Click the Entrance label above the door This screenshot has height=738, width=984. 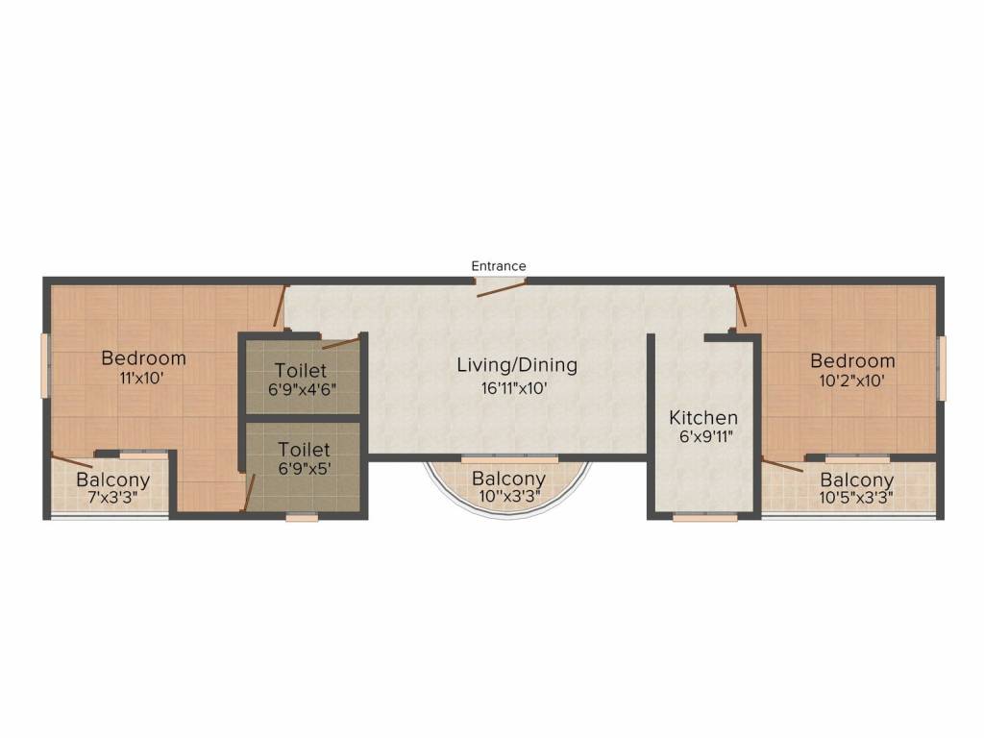coord(499,266)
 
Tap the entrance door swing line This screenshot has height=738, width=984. coord(502,289)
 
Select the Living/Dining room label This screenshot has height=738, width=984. coord(517,365)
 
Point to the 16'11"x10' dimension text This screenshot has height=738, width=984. coord(515,388)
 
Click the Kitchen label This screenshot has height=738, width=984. coord(702,417)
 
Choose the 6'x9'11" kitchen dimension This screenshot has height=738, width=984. coord(706,437)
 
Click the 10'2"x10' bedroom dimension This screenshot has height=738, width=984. coord(851,381)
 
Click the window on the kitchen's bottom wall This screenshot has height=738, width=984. coord(704,518)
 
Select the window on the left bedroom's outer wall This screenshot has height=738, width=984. coord(44,365)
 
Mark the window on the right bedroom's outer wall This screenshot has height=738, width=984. coord(942,368)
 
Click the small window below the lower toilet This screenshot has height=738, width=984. coord(302,518)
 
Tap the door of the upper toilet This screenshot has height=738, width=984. coord(341,342)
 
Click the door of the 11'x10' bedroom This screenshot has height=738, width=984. coord(282,306)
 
